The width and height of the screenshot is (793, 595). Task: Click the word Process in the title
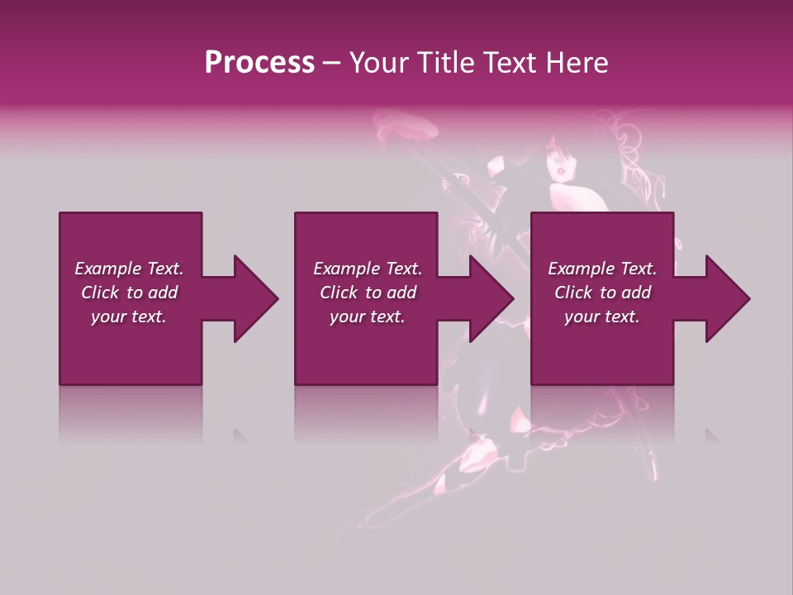coord(259,63)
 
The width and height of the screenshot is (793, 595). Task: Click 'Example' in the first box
coord(107,269)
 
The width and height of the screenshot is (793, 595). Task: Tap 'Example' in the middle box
coord(346,269)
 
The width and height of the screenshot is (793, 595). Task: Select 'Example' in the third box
coord(581,269)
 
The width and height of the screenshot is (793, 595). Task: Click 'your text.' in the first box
coord(129,317)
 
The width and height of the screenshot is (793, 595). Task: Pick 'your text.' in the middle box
coord(368,317)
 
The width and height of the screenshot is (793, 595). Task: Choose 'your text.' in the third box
coord(602,317)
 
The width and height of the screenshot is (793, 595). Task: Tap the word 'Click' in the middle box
coord(339,293)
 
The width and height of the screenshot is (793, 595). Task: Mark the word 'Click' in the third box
coord(573,293)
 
